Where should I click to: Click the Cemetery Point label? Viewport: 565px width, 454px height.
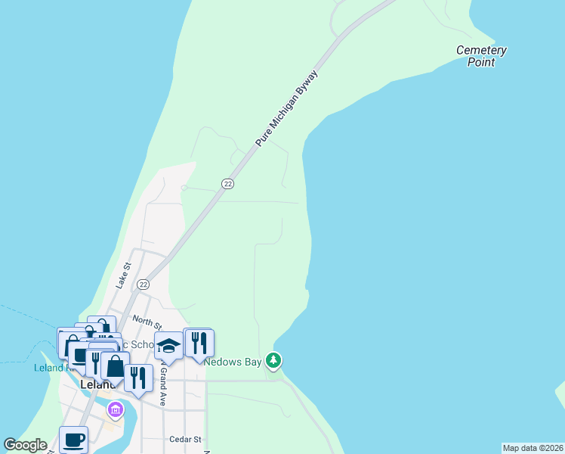click(481, 56)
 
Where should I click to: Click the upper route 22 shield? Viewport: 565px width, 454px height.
click(227, 184)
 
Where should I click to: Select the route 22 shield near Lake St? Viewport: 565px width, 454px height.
click(143, 284)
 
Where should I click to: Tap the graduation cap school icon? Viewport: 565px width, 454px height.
click(169, 346)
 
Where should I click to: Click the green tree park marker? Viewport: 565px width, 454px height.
click(274, 361)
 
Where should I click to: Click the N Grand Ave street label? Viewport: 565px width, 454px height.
click(162, 387)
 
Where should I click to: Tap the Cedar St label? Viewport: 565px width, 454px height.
click(185, 439)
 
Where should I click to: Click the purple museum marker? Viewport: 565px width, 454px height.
click(115, 411)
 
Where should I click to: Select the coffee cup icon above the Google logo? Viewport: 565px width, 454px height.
click(73, 440)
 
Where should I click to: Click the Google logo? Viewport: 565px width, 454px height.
click(26, 445)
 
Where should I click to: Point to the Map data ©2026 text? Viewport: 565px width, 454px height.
click(533, 448)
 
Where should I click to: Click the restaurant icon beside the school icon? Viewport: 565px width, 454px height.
click(199, 343)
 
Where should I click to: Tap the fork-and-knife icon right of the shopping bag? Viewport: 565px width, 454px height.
click(138, 377)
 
